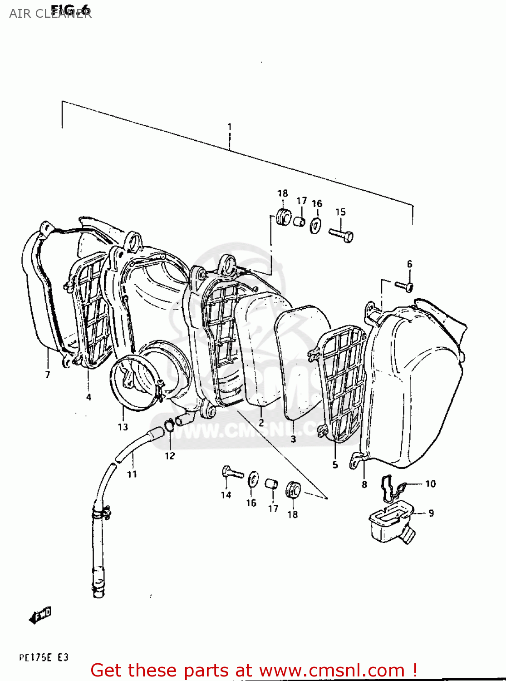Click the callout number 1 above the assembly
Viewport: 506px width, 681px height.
click(x=230, y=127)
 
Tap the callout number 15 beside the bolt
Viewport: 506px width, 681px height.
click(x=340, y=212)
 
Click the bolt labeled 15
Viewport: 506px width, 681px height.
click(x=341, y=235)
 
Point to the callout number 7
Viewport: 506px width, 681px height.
click(x=48, y=375)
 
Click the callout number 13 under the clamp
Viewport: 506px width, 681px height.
click(x=123, y=427)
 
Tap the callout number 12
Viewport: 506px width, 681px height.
click(x=170, y=456)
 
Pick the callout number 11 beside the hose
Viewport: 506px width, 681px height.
click(x=132, y=474)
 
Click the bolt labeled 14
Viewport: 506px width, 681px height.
click(x=232, y=473)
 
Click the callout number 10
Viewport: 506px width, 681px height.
click(x=430, y=484)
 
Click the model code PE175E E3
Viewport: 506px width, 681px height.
click(x=44, y=657)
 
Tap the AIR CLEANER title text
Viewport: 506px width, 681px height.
click(x=50, y=14)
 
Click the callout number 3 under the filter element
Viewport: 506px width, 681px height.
click(x=293, y=439)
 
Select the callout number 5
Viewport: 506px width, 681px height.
click(x=335, y=464)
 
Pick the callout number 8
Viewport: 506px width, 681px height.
click(x=364, y=484)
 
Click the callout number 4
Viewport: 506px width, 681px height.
click(x=88, y=397)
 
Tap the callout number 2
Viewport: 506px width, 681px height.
click(x=261, y=423)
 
